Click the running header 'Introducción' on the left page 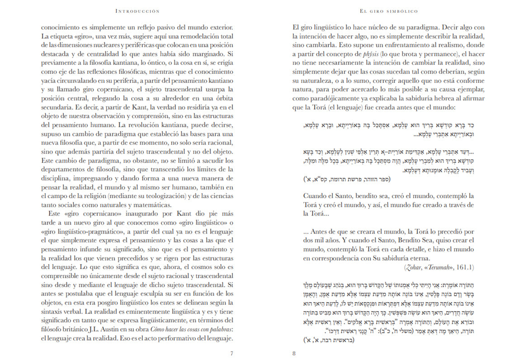(x=137, y=10)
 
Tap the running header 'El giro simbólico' (x=389, y=10)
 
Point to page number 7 (x=231, y=353)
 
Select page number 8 (x=294, y=353)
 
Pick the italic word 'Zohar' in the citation (x=413, y=267)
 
